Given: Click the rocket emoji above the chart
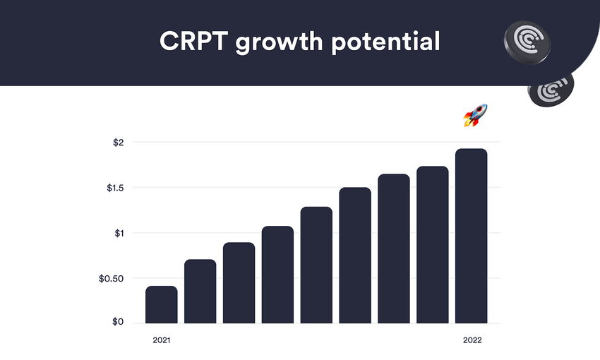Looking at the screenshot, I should pyautogui.click(x=475, y=115).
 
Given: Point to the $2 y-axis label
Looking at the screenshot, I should pyautogui.click(x=119, y=143).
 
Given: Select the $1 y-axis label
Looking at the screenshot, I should pyautogui.click(x=119, y=233).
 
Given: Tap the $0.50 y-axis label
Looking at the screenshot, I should pyautogui.click(x=112, y=278).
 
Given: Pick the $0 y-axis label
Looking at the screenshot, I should pyautogui.click(x=119, y=323).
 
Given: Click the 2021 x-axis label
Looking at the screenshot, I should pyautogui.click(x=162, y=340).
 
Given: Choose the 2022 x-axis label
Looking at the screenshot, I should pyautogui.click(x=472, y=340).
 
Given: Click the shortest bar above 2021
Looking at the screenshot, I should pyautogui.click(x=162, y=304).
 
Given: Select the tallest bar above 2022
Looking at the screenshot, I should pyautogui.click(x=472, y=236).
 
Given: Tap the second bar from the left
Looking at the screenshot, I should pyautogui.click(x=200, y=292).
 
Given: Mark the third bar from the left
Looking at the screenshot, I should pyautogui.click(x=239, y=283).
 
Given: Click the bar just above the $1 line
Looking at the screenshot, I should pyautogui.click(x=277, y=275).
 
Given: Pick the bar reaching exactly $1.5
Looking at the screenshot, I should pyautogui.click(x=355, y=256).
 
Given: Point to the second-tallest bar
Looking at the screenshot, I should pyautogui.click(x=433, y=245).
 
